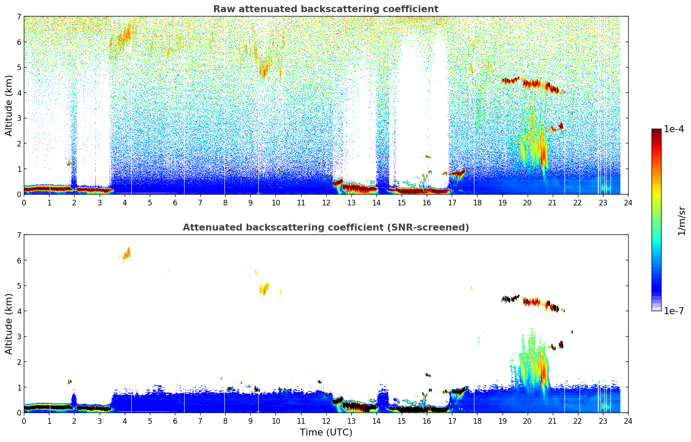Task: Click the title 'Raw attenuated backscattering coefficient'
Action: pyautogui.click(x=325, y=9)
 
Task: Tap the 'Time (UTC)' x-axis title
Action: pyautogui.click(x=326, y=432)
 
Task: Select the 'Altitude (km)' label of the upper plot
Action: pyautogui.click(x=9, y=105)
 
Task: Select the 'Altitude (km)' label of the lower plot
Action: pyautogui.click(x=9, y=324)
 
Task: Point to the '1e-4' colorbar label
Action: pyautogui.click(x=674, y=129)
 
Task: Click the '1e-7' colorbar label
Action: pyautogui.click(x=674, y=311)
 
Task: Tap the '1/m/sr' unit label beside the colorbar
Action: pyautogui.click(x=681, y=221)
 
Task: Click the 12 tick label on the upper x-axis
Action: pyautogui.click(x=326, y=202)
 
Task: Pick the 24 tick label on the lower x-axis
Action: pyautogui.click(x=628, y=421)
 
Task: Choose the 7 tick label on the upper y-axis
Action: pyautogui.click(x=19, y=17)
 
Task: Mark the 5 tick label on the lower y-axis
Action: pyautogui.click(x=19, y=286)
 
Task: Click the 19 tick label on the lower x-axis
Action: pyautogui.click(x=502, y=421)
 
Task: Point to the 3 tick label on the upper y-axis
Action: pyautogui.click(x=19, y=118)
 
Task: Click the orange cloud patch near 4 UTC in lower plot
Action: pyautogui.click(x=126, y=253)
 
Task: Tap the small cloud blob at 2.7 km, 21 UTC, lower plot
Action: pyautogui.click(x=561, y=345)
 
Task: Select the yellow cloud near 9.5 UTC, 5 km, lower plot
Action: pyautogui.click(x=264, y=288)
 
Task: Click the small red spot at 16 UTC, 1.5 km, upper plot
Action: pyautogui.click(x=428, y=156)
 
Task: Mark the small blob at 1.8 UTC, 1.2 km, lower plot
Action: pyautogui.click(x=69, y=381)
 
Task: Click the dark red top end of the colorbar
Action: pyautogui.click(x=656, y=131)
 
